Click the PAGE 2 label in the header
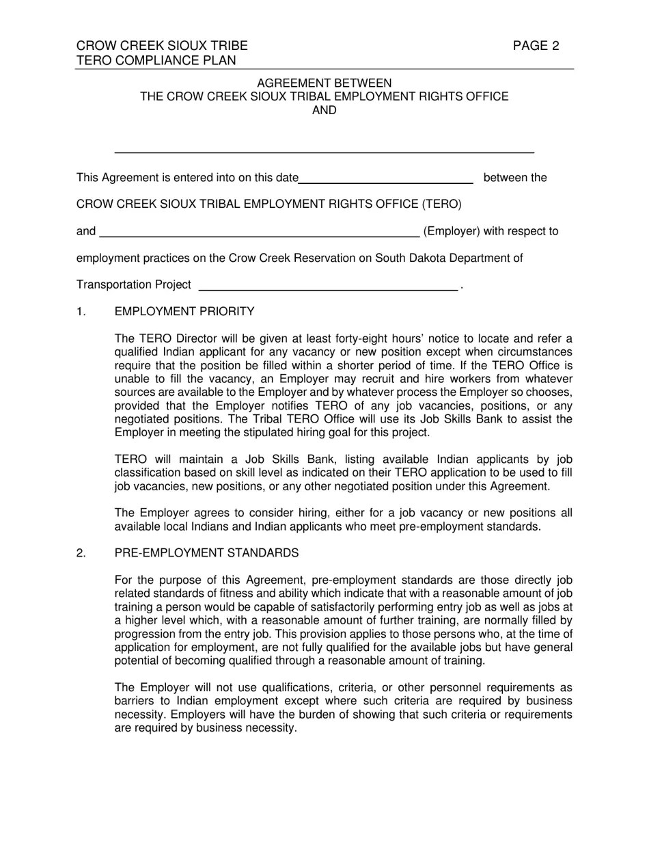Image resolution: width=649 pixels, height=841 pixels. tap(536, 46)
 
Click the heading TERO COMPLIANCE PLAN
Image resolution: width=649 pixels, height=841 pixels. tap(156, 60)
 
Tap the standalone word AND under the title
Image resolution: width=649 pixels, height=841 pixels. tap(324, 110)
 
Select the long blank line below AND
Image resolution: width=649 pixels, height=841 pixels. tap(324, 151)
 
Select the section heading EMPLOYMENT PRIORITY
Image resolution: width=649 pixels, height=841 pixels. tap(184, 312)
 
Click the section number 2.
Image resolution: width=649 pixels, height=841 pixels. tap(81, 553)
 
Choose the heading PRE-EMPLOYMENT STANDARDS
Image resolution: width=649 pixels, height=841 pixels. tap(206, 553)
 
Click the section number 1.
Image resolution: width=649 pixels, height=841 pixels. tap(81, 312)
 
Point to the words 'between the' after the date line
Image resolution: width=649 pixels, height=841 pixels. tap(515, 178)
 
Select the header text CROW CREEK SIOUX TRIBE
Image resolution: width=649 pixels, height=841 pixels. tap(162, 46)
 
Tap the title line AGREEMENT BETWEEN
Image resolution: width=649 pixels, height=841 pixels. tap(324, 83)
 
